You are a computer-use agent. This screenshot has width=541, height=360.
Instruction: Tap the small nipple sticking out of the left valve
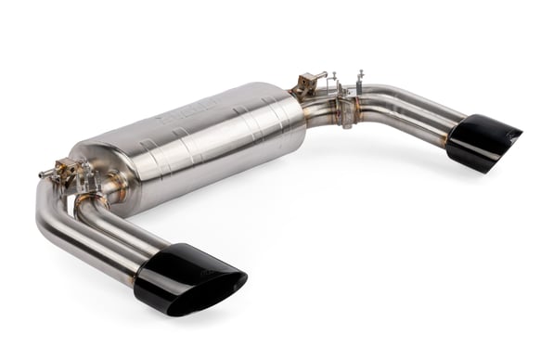[43, 174]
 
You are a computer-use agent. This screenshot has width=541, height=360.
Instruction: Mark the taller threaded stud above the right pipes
[359, 75]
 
